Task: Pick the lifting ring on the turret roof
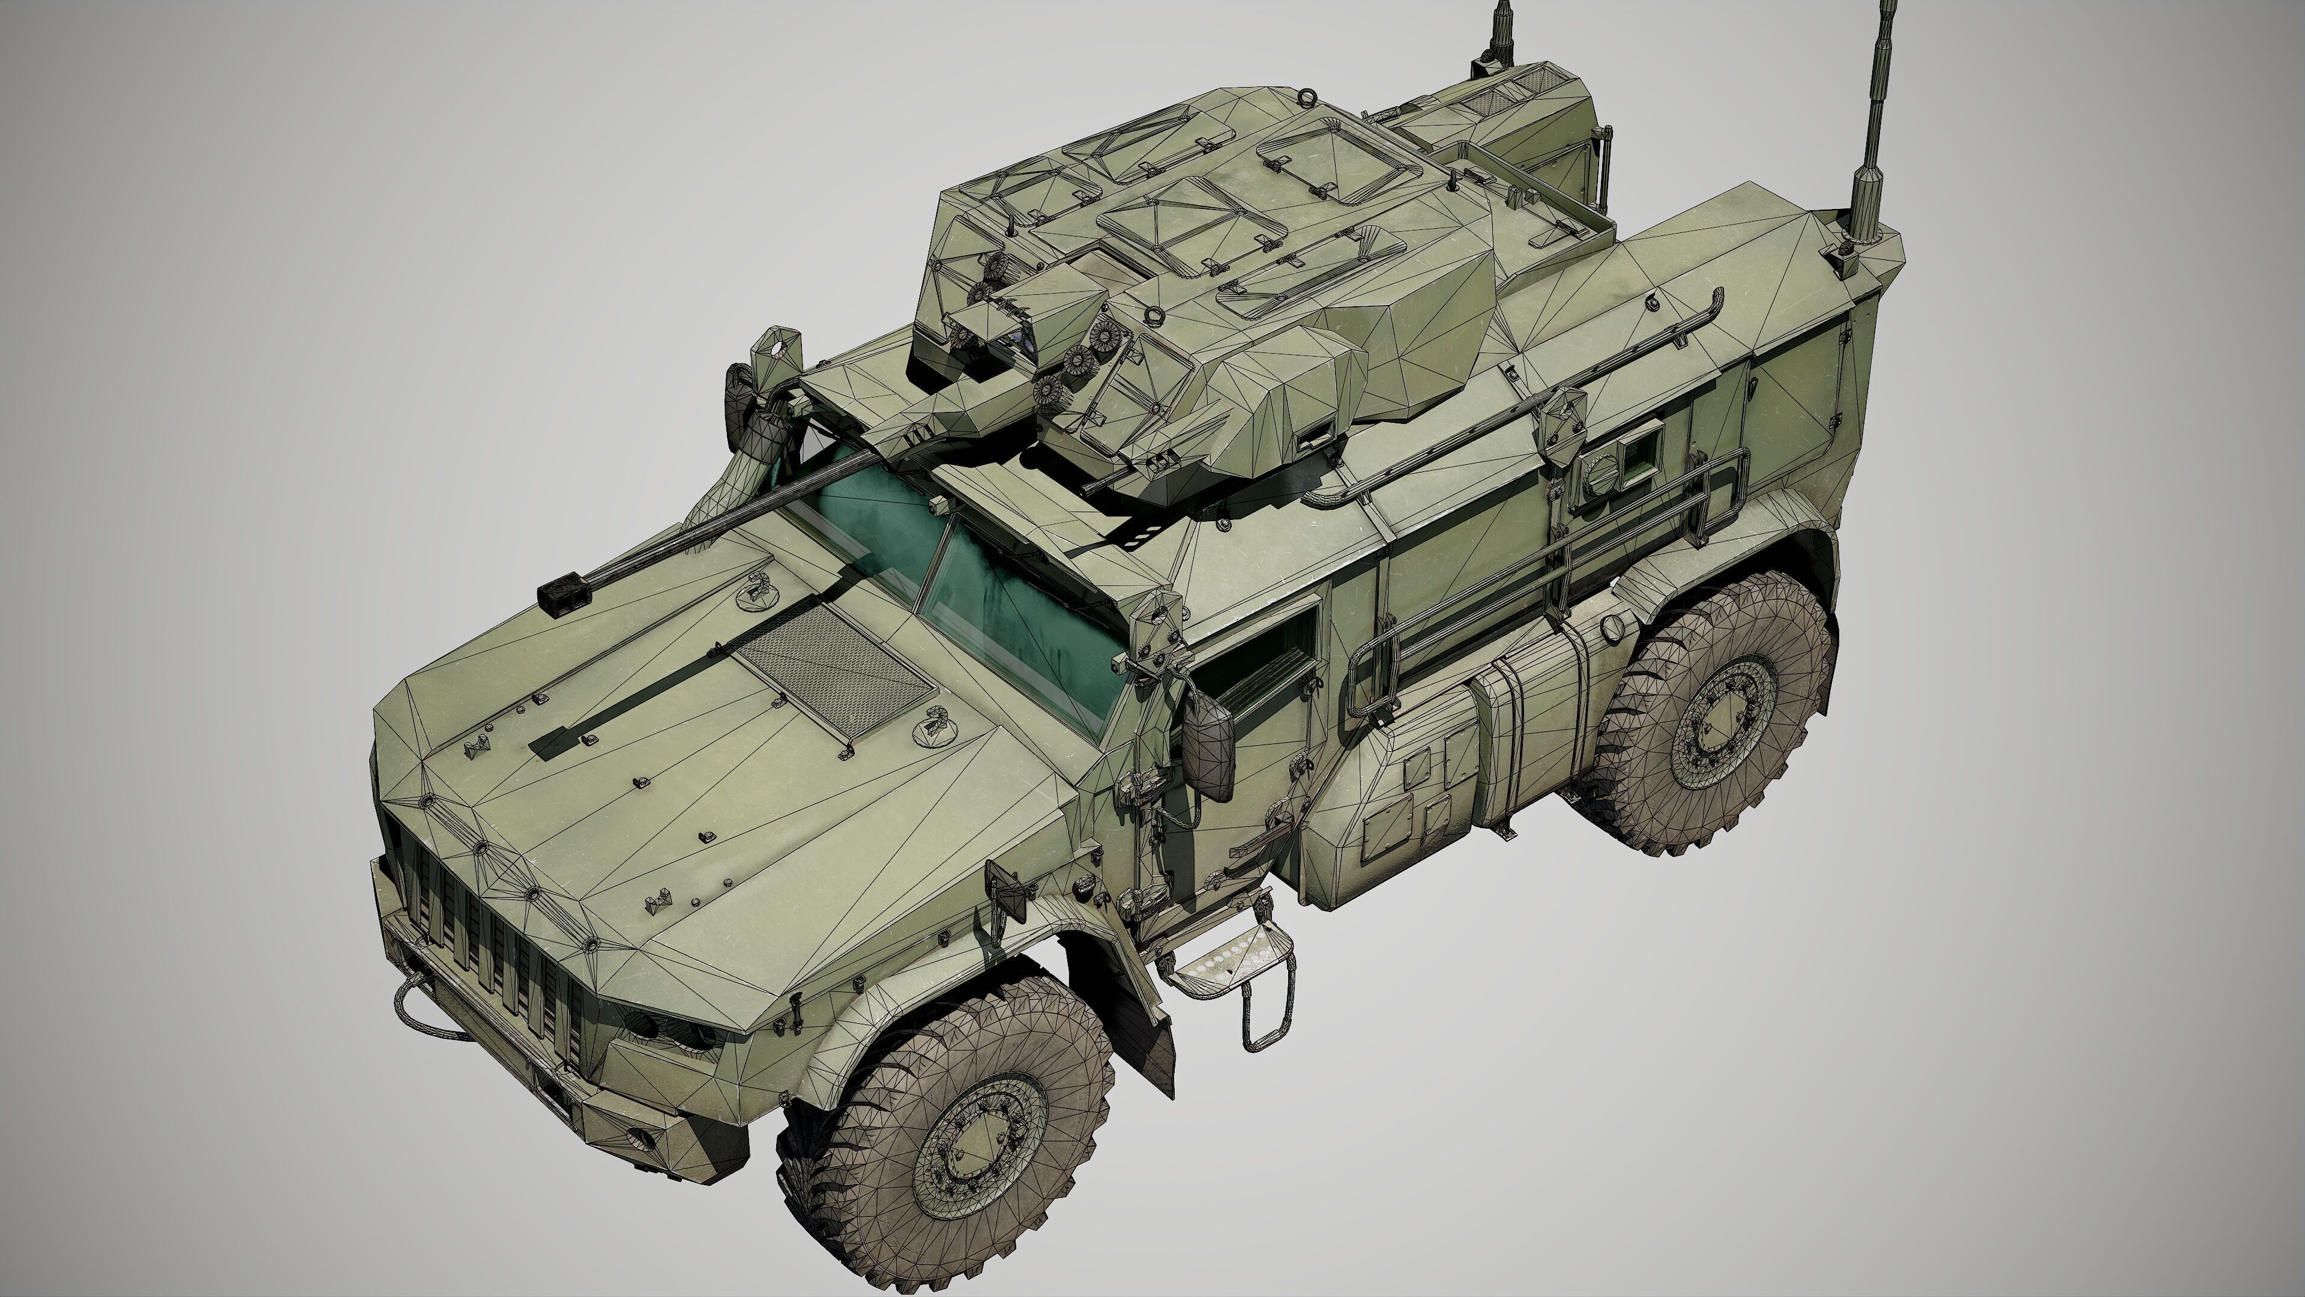click(x=1308, y=96)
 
